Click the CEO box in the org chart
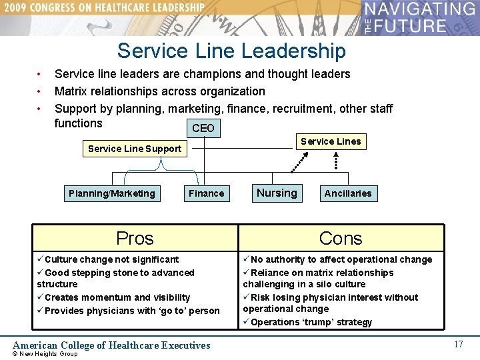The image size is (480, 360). pos(203,128)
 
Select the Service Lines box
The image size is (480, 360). pos(330,141)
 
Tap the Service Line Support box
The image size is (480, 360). pos(135,149)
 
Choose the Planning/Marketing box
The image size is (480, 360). pos(111,193)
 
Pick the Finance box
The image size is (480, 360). pos(206,193)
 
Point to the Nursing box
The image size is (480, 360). pos(277,193)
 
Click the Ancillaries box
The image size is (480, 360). pos(347,193)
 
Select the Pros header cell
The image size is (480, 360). pos(135,238)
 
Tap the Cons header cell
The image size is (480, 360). pos(341,238)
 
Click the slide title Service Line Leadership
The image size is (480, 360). pos(231,51)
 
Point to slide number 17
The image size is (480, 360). pos(458,344)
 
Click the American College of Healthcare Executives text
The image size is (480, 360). pos(112,345)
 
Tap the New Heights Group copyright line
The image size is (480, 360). pos(45,354)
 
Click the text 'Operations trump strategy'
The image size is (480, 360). pos(311,322)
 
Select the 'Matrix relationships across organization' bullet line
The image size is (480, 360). pos(160,91)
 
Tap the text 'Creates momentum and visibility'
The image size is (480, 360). pos(117,297)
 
